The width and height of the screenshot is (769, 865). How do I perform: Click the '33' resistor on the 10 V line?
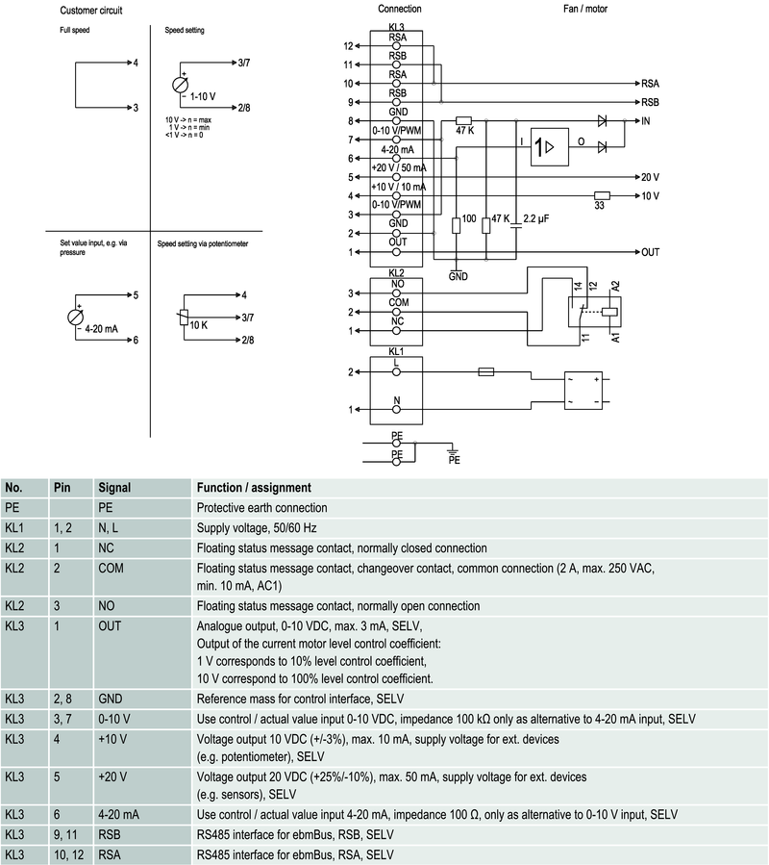pos(603,194)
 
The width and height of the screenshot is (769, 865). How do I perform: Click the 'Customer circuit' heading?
pos(90,10)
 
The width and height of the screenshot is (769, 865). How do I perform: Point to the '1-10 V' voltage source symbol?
pos(180,85)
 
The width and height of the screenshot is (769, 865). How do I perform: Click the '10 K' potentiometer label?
pos(199,325)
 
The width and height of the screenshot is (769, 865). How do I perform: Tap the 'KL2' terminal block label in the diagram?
pos(396,273)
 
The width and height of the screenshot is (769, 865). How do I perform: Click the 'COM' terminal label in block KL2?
pos(396,302)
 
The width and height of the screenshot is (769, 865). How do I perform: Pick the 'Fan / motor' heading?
pos(584,9)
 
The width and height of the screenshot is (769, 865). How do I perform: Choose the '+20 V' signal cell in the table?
pos(112,775)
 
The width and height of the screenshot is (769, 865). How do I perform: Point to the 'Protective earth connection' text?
pos(261,508)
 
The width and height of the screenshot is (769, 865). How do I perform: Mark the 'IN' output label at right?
pos(647,121)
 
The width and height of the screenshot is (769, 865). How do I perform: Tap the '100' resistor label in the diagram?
pos(469,220)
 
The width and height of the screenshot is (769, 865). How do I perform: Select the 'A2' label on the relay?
pos(615,287)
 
